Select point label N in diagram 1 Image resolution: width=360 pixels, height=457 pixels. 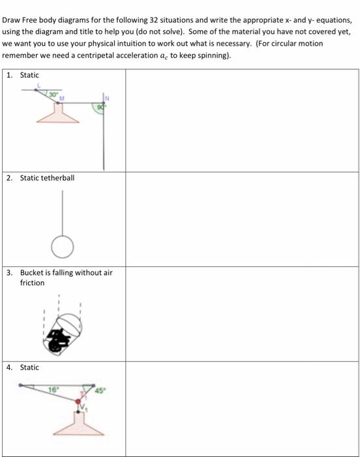[108, 98]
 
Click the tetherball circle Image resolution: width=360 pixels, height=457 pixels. [63, 247]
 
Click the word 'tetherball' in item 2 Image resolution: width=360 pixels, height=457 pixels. [58, 178]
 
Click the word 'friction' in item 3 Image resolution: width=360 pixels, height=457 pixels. [33, 283]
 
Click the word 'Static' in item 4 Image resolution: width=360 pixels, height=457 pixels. [29, 368]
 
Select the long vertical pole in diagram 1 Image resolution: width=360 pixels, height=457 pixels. [103, 137]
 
